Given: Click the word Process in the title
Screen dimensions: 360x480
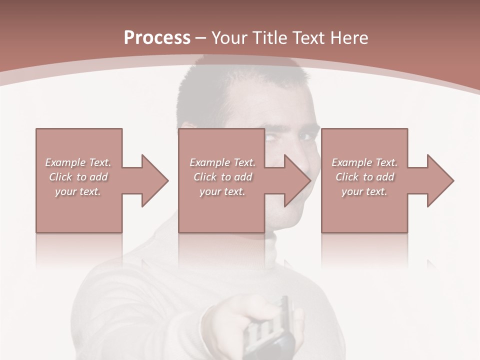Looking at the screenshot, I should [x=157, y=38].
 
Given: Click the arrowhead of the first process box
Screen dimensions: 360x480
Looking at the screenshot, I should [x=154, y=180].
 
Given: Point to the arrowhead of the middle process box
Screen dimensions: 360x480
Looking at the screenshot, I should [x=297, y=180].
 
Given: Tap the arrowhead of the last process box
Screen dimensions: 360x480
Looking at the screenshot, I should [x=440, y=180].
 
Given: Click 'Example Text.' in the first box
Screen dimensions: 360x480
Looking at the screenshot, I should [x=78, y=162].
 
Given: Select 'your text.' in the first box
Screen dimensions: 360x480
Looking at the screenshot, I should [x=78, y=191].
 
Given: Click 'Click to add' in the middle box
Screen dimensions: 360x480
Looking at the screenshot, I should [x=222, y=177].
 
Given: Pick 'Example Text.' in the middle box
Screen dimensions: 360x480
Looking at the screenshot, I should [x=222, y=162].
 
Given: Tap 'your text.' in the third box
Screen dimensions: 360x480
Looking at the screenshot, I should [x=364, y=191].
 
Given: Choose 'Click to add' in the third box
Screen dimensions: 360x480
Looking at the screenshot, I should [x=364, y=177].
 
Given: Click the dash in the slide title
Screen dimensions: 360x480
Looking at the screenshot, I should [x=200, y=38].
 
